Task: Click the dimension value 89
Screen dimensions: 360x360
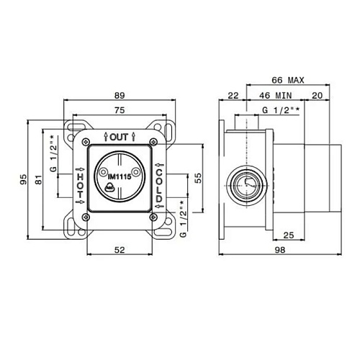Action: (120, 96)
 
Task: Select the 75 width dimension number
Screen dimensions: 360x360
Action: (120, 110)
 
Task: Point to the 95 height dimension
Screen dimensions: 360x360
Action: (23, 179)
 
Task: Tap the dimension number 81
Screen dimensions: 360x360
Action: (38, 179)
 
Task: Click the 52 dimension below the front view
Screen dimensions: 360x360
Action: (120, 250)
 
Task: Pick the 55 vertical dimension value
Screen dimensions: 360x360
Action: (198, 178)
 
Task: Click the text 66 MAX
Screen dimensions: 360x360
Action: (288, 80)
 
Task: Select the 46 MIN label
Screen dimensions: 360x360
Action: (276, 96)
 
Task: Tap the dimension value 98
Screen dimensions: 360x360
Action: (280, 250)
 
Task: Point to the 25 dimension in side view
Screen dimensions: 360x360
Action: (289, 235)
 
